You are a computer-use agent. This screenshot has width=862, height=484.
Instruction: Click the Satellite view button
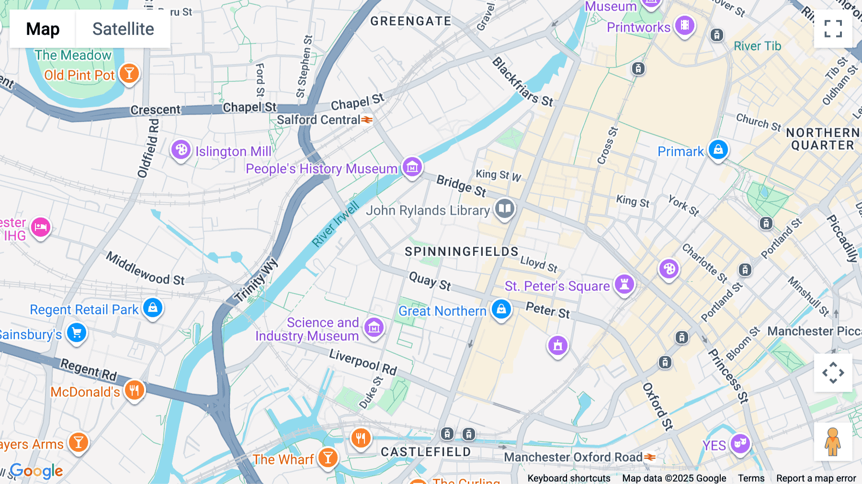(123, 29)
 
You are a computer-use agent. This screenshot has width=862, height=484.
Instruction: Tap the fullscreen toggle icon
(833, 29)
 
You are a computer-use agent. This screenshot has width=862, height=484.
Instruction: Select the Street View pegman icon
(833, 441)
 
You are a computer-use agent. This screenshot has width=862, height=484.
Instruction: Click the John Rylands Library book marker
(504, 208)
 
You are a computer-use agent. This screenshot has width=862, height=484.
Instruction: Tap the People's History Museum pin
(412, 167)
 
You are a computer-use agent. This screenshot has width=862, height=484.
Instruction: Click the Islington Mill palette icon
(181, 150)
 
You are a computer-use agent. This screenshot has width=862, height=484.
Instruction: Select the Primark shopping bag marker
(718, 150)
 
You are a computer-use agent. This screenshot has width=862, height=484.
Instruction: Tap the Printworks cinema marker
(685, 25)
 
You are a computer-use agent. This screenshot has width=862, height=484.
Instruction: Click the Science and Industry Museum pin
(374, 327)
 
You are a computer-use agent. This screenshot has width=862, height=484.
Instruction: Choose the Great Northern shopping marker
(501, 309)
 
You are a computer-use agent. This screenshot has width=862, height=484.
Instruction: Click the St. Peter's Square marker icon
(624, 284)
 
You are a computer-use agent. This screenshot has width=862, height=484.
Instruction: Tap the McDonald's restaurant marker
(135, 390)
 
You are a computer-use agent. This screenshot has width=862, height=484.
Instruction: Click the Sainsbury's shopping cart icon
(77, 333)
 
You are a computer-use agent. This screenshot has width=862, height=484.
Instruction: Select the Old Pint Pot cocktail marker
(129, 73)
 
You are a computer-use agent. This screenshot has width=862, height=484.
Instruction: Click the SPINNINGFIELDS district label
(461, 252)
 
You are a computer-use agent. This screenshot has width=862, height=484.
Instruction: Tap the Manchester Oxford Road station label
(573, 457)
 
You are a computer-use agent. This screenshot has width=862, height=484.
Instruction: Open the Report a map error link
(816, 478)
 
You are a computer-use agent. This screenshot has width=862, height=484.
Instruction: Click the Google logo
(36, 471)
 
